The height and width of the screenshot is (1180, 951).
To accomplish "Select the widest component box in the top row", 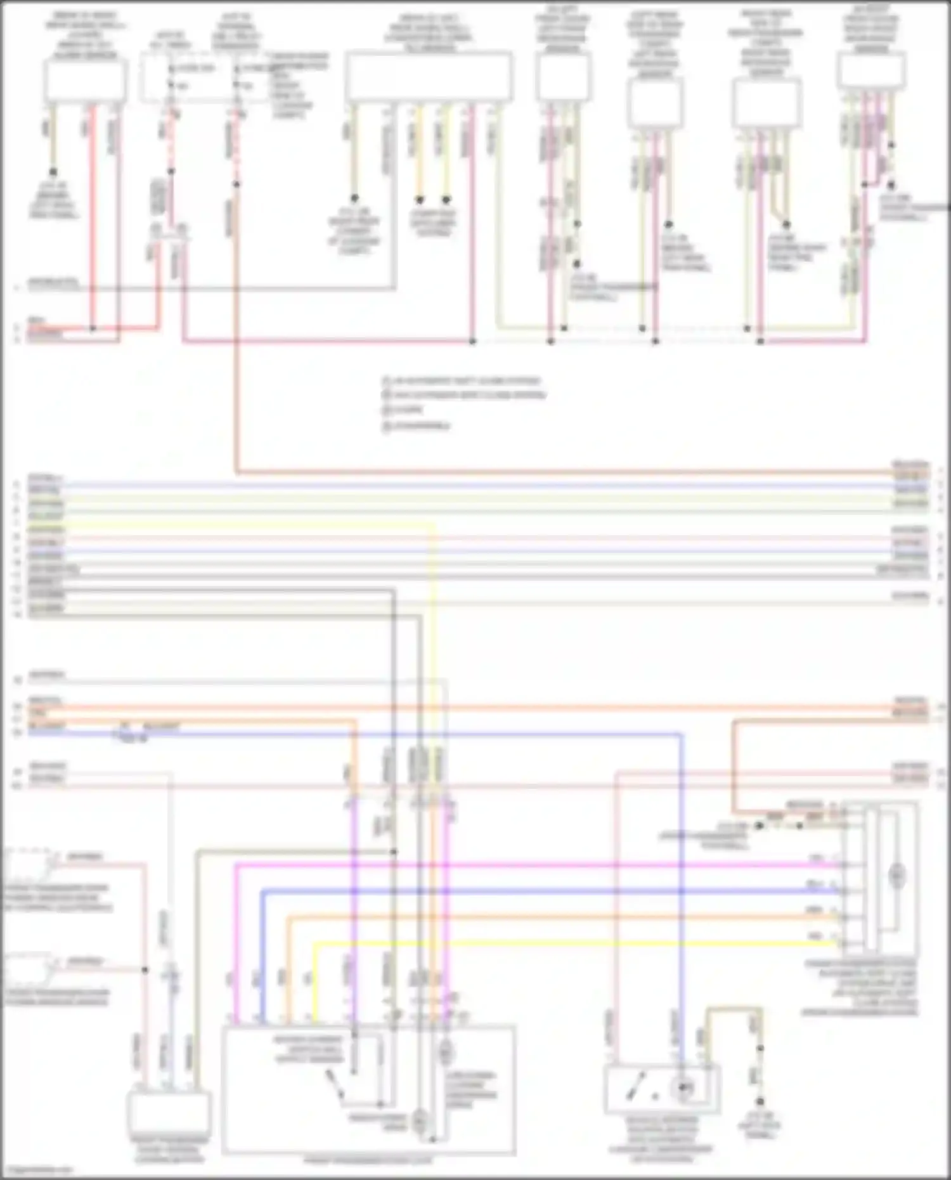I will point(429,76).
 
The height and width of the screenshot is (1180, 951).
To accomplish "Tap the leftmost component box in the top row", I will point(85,80).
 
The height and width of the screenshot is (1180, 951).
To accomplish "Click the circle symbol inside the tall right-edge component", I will point(896,876).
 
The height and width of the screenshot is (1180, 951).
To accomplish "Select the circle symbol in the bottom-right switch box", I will point(685,1088).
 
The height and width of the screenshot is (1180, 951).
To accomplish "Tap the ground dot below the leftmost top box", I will point(53,172).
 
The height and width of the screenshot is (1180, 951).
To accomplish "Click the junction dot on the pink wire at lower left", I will point(145,970).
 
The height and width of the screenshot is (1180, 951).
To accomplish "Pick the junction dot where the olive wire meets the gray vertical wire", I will point(394,852).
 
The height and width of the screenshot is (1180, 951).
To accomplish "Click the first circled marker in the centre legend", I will point(385,381).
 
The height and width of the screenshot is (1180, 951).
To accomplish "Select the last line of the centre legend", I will point(418,425).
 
